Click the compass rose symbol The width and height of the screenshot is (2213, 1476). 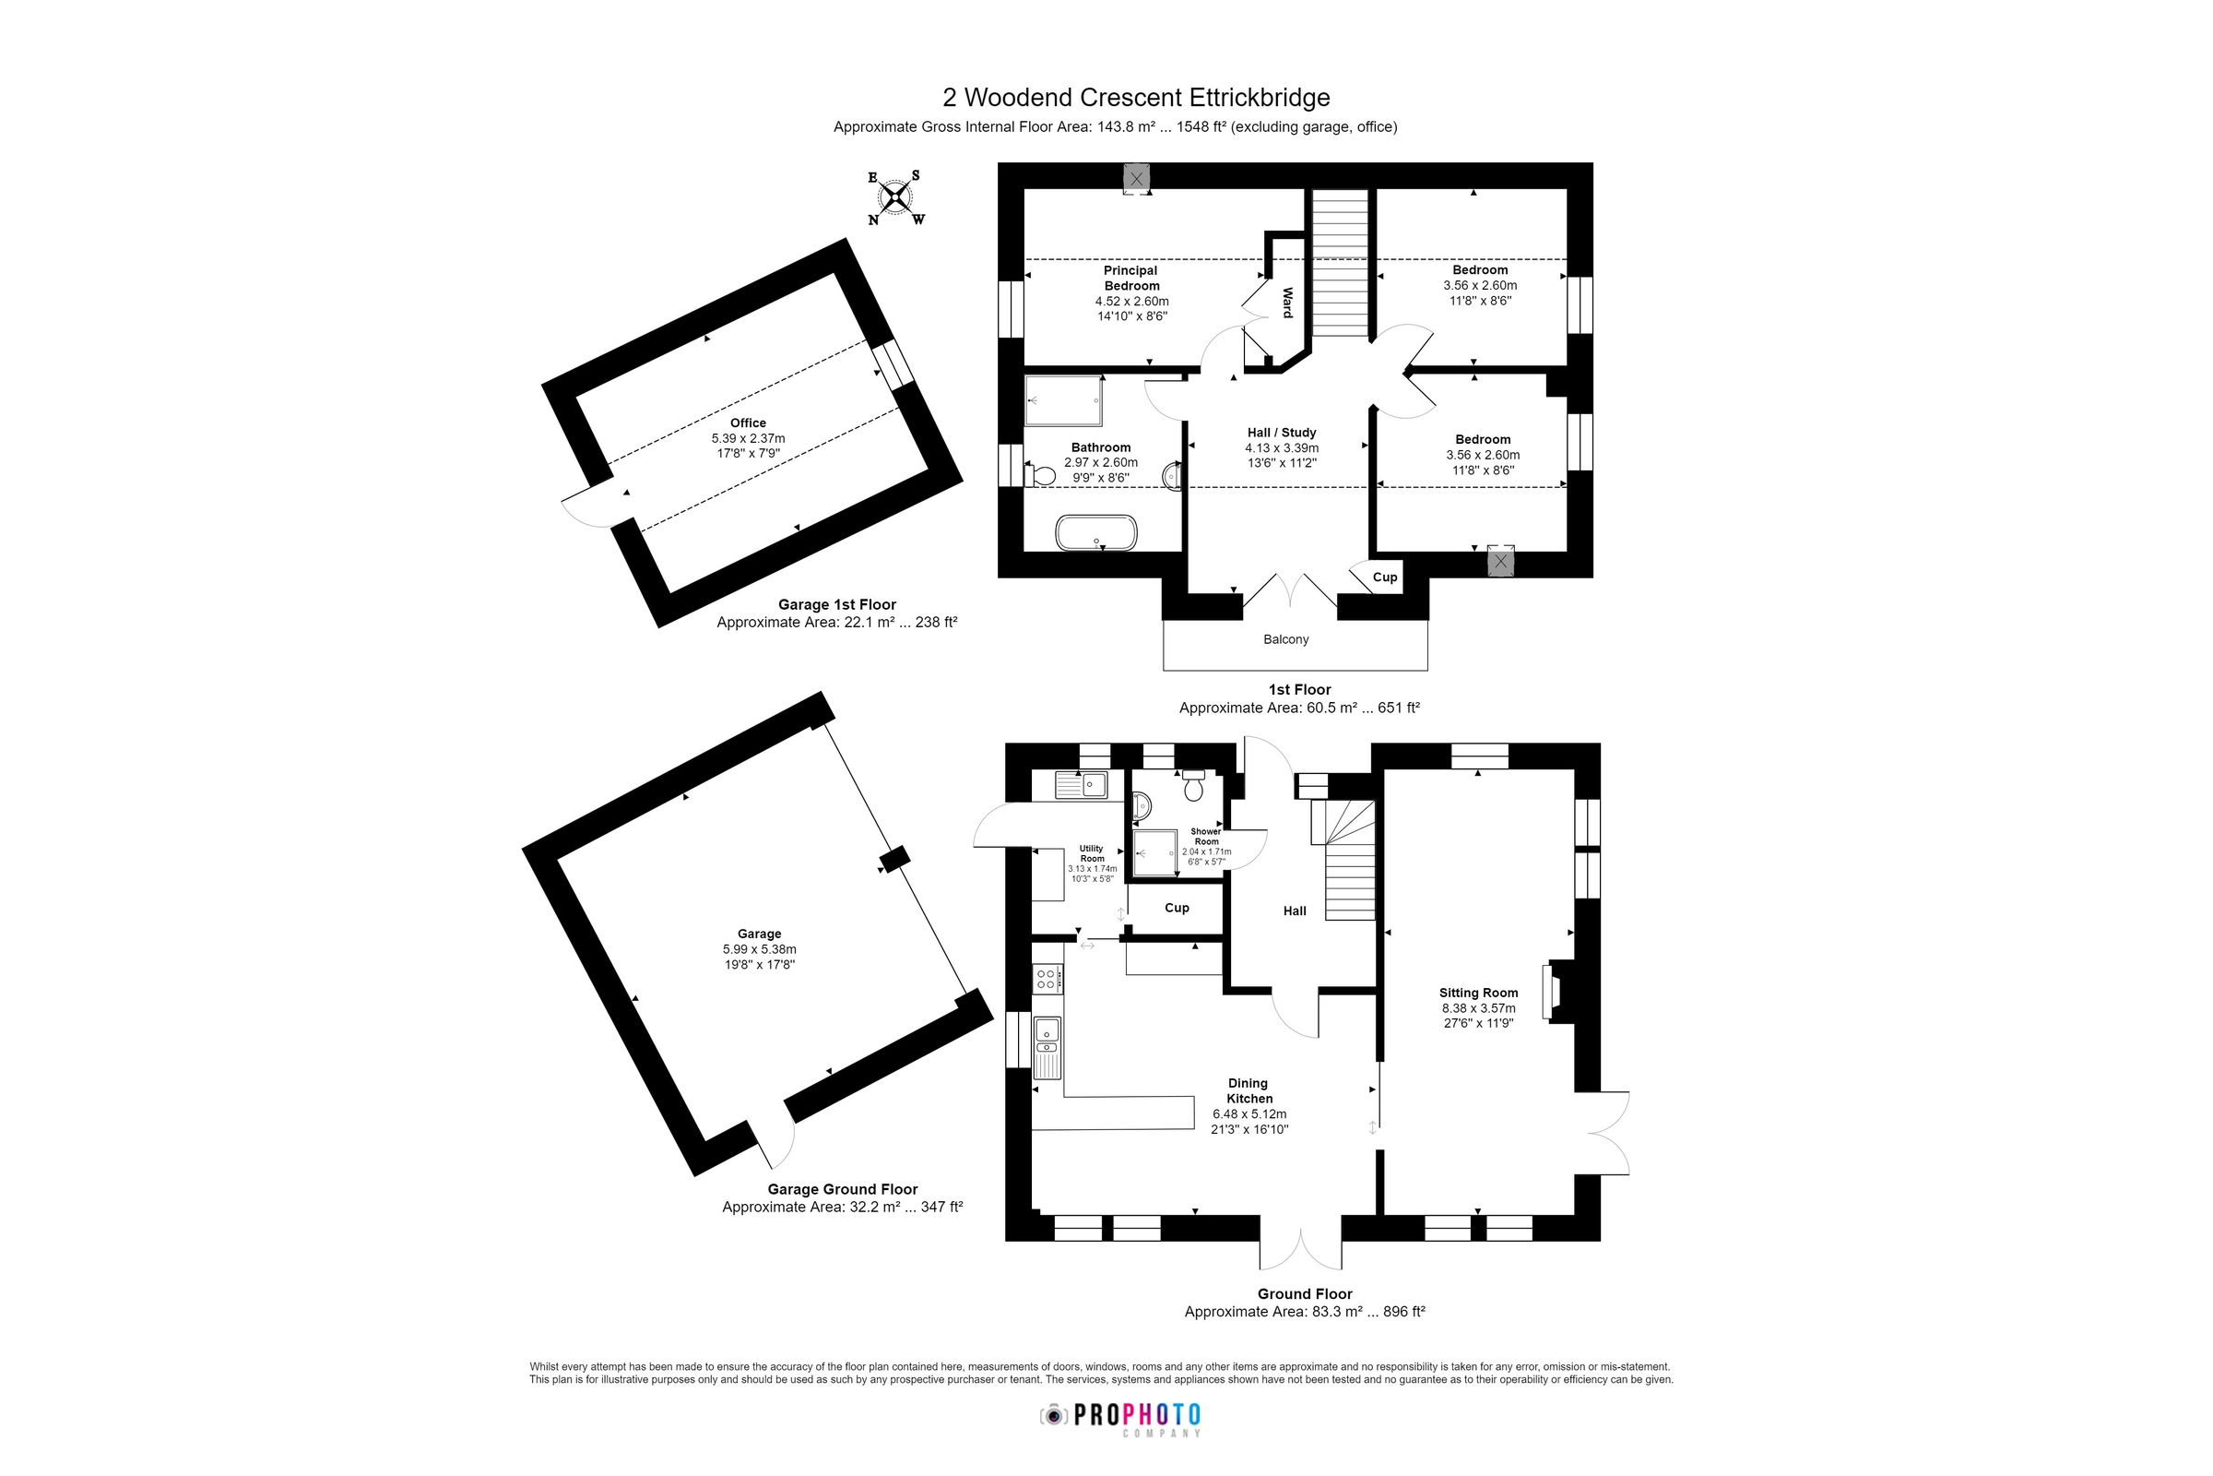[x=894, y=197]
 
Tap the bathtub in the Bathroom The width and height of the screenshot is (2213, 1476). [x=1096, y=532]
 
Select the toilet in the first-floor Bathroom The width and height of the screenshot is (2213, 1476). [x=1040, y=475]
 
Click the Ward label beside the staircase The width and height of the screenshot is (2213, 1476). [x=1287, y=303]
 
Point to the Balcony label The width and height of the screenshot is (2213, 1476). [x=1285, y=639]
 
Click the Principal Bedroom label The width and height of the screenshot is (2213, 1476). [x=1131, y=278]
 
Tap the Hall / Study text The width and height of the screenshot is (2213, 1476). [x=1282, y=432]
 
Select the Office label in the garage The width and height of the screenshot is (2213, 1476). [x=748, y=423]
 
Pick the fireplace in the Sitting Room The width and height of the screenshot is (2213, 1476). [x=1551, y=991]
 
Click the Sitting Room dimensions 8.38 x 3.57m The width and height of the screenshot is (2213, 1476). [x=1478, y=1008]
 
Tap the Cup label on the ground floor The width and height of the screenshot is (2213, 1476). [x=1177, y=908]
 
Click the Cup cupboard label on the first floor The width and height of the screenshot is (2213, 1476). [x=1384, y=577]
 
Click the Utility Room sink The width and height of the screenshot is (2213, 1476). [x=1080, y=784]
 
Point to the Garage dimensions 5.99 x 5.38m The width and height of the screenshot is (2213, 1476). [x=759, y=949]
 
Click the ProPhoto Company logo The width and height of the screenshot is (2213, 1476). [x=1119, y=1417]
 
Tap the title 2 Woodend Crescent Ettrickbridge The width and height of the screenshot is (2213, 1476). [x=1136, y=98]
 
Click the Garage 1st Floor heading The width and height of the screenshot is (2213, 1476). [x=836, y=604]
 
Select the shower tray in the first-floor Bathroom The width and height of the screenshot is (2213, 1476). [x=1063, y=401]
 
